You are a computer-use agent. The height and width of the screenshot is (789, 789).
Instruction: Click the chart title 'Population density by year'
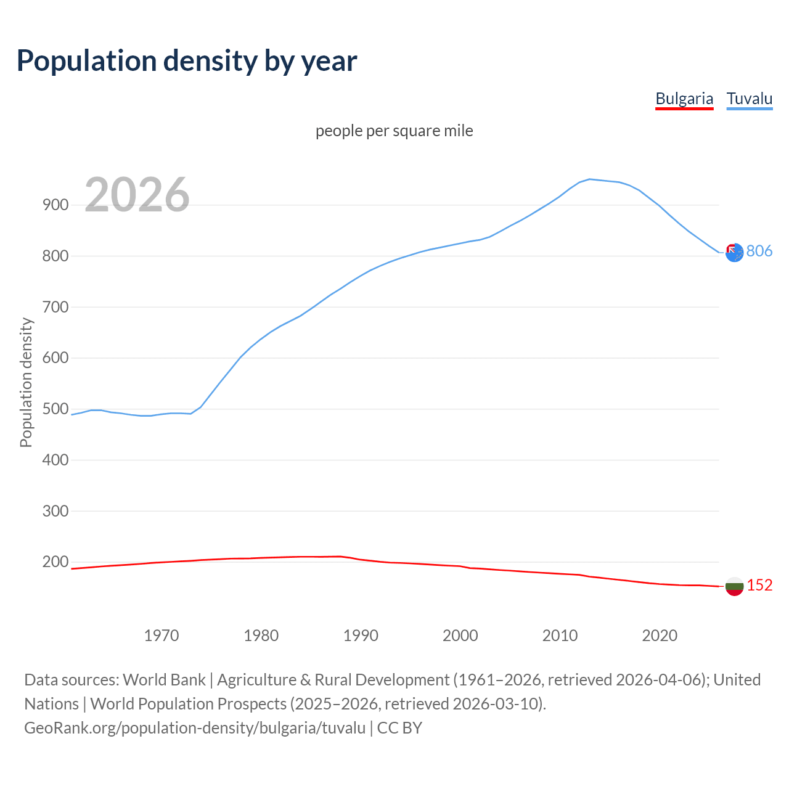coord(187,61)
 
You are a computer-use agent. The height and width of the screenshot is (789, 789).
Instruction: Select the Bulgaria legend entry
coord(684,99)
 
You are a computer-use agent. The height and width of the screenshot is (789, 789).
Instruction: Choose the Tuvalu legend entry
coord(750,99)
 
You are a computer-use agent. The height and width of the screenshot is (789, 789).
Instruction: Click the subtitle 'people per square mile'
coord(394,131)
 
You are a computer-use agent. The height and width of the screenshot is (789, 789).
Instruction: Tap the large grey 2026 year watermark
coord(137,195)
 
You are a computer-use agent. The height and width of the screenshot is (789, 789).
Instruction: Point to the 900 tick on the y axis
coord(55,205)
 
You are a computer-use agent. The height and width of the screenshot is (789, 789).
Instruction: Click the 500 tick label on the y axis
coord(55,409)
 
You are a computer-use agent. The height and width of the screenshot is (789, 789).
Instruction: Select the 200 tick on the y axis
coord(55,562)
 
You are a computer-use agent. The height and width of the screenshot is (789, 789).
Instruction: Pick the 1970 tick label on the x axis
coord(161,636)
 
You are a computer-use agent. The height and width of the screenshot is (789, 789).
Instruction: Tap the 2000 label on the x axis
coord(460,636)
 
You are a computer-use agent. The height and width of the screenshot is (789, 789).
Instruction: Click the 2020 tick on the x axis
coord(660,636)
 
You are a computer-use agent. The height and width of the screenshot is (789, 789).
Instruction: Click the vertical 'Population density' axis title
coord(26,382)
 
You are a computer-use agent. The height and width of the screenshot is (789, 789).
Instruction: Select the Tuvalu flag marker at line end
coord(734,252)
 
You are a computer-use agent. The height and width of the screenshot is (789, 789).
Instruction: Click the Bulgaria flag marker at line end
coord(734,586)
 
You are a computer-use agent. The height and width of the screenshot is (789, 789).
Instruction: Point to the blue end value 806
coord(759,251)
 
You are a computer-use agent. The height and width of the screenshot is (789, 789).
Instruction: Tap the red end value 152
coord(759,585)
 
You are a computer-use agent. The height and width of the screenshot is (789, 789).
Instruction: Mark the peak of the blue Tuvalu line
coord(590,179)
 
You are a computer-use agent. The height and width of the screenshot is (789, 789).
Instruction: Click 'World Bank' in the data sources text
coord(164,680)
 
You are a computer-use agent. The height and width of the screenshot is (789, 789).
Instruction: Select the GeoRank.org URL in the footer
coord(195,728)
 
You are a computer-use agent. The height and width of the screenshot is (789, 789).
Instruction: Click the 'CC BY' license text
coord(399,728)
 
